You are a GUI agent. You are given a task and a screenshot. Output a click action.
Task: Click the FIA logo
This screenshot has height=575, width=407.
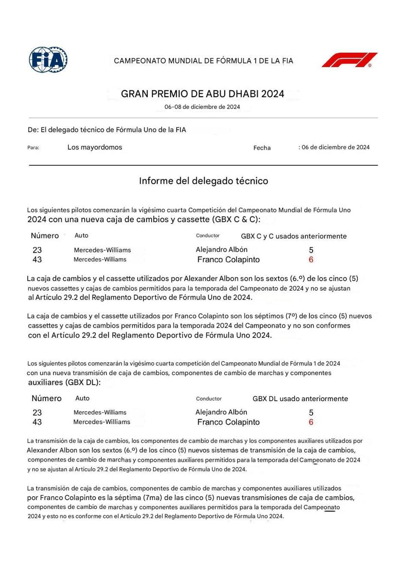coord(48,60)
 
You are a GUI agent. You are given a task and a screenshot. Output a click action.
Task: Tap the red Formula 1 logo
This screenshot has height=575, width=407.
coord(349,60)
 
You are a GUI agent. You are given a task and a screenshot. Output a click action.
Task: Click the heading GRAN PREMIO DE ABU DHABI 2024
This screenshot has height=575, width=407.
coord(202,94)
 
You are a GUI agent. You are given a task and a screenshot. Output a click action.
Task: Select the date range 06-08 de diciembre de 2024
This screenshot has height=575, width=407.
coord(202,107)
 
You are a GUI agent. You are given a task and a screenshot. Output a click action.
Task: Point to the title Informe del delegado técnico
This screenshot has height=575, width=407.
coord(203,181)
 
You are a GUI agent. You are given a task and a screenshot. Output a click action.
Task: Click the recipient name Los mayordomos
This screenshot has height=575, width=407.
coord(95,147)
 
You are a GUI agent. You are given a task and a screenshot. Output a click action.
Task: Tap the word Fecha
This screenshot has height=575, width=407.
coord(262,148)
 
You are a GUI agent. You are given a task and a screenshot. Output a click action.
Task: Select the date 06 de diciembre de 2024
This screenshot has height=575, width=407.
coord(335,147)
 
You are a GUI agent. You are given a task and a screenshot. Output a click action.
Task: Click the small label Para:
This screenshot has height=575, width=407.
coord(33,148)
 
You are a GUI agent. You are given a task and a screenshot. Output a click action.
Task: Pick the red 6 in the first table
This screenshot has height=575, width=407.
coord(311,259)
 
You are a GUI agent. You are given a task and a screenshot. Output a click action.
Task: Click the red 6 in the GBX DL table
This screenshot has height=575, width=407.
coord(311,422)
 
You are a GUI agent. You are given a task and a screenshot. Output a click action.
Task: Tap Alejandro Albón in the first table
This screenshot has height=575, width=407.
coord(221,250)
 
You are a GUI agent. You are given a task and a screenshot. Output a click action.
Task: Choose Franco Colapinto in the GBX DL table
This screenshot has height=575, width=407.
coord(228,422)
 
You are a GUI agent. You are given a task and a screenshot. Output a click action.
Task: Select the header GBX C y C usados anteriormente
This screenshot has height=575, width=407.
coord(294,236)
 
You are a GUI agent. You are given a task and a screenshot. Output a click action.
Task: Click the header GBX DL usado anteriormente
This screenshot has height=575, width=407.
coord(300,399)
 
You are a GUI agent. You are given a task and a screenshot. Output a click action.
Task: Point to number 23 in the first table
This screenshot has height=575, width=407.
coord(37,250)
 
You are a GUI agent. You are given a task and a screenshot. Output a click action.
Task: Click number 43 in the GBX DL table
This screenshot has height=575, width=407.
coord(37,422)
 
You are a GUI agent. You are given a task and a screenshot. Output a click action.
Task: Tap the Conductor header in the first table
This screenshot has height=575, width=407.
coord(208,235)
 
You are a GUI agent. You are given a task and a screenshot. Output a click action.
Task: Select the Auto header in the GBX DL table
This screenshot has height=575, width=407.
coord(82,398)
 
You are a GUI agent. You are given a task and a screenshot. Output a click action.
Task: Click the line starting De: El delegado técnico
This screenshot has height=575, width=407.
coord(107,130)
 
